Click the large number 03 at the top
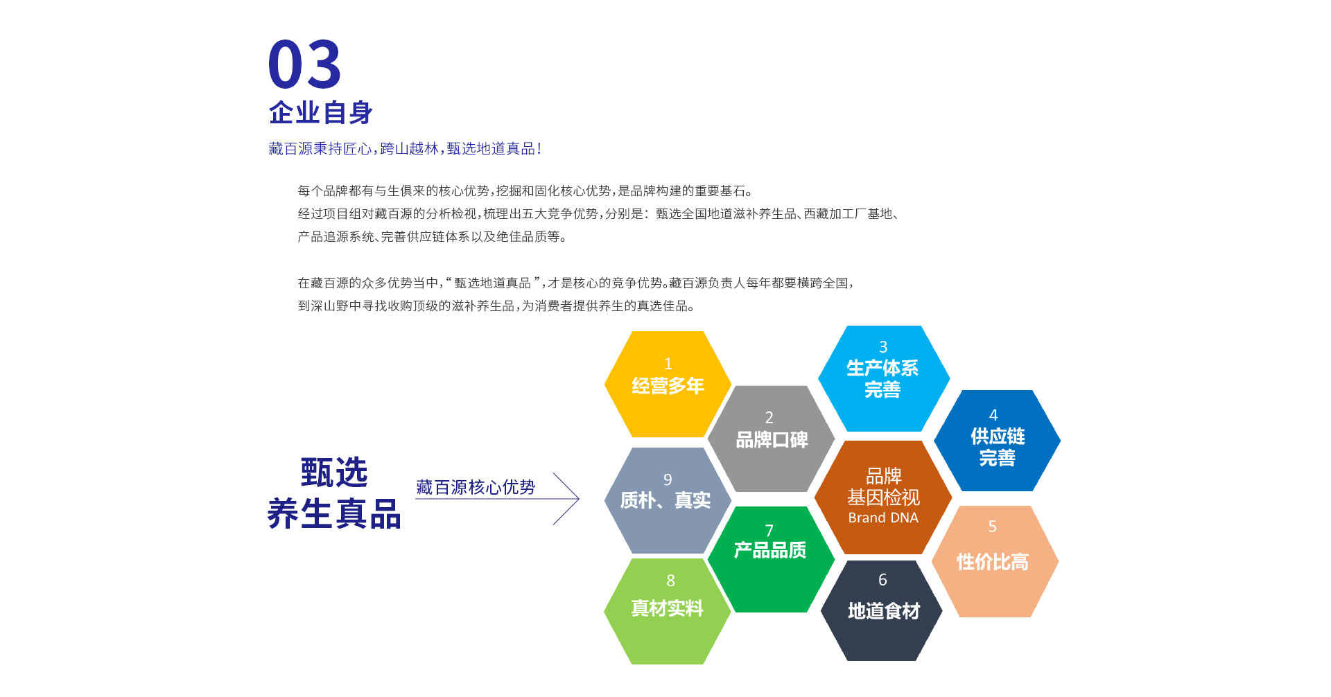[304, 64]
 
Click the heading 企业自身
[321, 113]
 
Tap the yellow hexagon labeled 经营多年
[667, 385]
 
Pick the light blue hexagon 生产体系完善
[882, 378]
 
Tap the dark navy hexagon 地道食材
[882, 610]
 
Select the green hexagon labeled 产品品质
[770, 558]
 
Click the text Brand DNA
[882, 518]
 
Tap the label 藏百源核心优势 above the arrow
[476, 487]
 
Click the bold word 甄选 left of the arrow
[333, 473]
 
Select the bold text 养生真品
[333, 514]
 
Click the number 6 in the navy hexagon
[882, 580]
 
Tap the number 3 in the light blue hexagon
[883, 347]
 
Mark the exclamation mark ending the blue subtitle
[539, 149]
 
